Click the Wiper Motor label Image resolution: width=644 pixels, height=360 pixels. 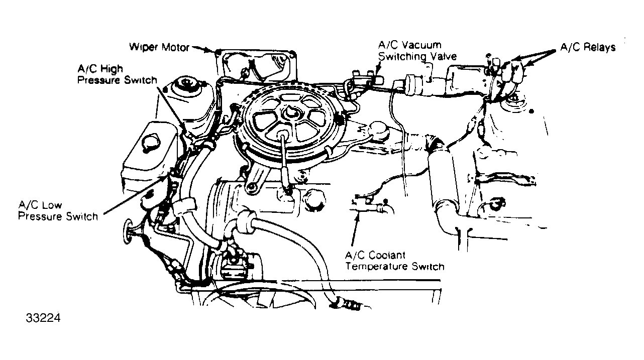pos(159,48)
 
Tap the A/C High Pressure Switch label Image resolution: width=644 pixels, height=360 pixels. pos(117,74)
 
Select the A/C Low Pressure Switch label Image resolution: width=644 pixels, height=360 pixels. pos(58,211)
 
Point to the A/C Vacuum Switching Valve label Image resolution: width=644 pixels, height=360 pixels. pos(417,51)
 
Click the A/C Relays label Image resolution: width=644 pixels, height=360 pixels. pos(587,48)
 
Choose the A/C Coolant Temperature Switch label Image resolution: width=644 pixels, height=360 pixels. pos(394,261)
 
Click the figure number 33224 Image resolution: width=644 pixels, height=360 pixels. pos(40,318)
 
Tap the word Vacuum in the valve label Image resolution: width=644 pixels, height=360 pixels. pos(424,45)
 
